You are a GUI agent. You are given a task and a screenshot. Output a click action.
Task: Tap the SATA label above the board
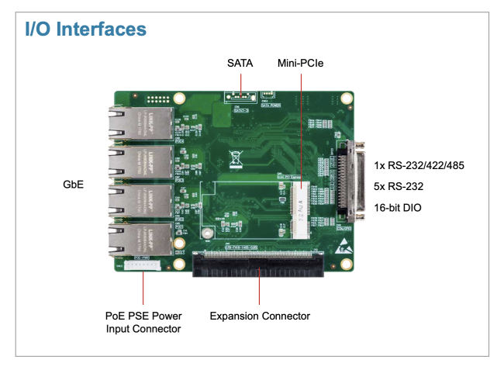240,63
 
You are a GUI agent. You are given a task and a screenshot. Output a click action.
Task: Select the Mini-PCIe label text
300,63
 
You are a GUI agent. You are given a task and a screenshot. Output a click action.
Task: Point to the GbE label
72,186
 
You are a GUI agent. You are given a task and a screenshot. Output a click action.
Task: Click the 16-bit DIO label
397,208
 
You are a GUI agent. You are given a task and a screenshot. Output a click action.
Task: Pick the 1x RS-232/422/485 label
419,165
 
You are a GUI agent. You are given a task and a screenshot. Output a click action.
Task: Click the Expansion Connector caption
260,316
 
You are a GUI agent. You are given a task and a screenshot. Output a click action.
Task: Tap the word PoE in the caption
115,316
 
